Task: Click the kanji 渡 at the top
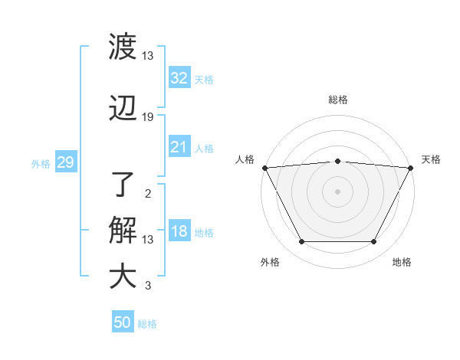123,47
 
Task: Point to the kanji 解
123,231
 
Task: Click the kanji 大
123,277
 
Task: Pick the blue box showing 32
179,78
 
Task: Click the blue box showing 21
179,147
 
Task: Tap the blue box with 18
179,232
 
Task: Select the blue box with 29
65,162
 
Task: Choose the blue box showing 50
123,322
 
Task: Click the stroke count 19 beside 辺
148,117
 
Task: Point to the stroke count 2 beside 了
148,194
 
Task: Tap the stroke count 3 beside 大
148,286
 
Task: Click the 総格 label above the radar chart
338,100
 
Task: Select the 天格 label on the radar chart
432,159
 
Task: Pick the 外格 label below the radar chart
270,262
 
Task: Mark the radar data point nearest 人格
264,167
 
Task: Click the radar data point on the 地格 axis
374,242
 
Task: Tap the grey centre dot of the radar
337,191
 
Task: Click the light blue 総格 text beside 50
147,324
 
